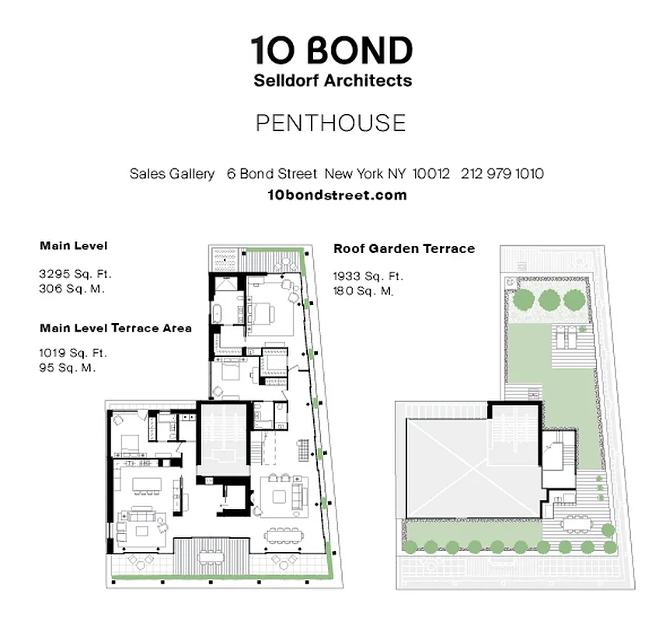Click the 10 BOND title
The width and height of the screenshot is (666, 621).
(332, 51)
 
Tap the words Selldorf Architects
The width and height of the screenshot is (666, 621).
(332, 81)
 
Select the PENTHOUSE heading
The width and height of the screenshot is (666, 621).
(331, 123)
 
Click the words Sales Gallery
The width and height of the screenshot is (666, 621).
(172, 174)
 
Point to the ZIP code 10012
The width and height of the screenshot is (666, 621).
(431, 174)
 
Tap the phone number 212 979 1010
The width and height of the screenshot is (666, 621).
(502, 174)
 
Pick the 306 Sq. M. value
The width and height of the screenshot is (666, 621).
(71, 288)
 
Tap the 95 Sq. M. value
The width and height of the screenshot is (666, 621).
(68, 367)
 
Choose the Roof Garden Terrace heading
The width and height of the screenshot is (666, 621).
(404, 249)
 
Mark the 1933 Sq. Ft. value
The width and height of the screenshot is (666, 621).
(369, 276)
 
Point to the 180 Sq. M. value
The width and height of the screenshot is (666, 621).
(364, 291)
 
